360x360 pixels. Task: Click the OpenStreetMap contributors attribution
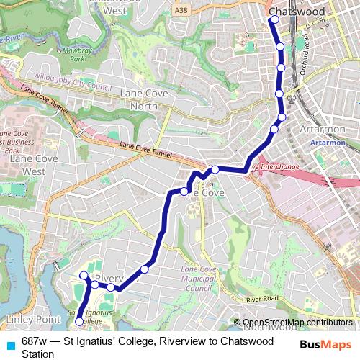tap(297, 323)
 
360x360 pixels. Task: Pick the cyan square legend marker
tap(9, 345)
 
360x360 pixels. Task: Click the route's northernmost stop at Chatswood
tap(274, 20)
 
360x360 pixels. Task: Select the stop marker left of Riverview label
tap(84, 275)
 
